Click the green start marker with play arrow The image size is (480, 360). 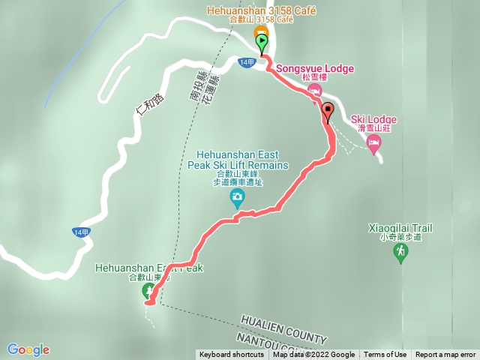(261, 42)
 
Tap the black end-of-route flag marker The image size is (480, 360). (327, 109)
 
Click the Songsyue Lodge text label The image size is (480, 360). (315, 69)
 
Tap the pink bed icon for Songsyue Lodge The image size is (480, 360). (314, 90)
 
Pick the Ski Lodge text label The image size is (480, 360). (373, 120)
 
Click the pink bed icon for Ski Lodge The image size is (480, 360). (373, 142)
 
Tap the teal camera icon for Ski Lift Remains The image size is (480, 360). (237, 199)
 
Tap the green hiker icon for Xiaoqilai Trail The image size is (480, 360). (401, 253)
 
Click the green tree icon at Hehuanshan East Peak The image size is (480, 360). (148, 291)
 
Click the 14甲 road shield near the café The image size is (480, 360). (247, 62)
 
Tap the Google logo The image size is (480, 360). (28, 349)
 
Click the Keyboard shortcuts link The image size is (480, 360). (232, 355)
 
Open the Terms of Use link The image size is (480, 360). (385, 355)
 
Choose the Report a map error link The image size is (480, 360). (445, 355)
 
